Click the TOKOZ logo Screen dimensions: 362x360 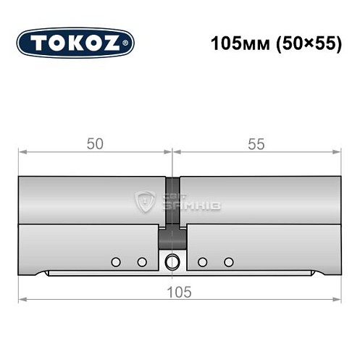pyautogui.click(x=75, y=43)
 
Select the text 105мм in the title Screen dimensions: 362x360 pyautogui.click(x=234, y=43)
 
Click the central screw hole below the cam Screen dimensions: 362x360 pyautogui.click(x=172, y=261)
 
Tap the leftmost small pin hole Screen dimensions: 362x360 pyautogui.click(x=115, y=261)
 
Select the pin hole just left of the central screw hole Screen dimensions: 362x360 pyautogui.click(x=142, y=261)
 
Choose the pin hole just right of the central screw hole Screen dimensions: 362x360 pyautogui.click(x=202, y=261)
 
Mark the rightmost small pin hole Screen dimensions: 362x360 pyautogui.click(x=229, y=261)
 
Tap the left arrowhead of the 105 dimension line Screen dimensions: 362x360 pyautogui.click(x=22, y=299)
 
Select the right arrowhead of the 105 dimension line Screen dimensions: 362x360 pyautogui.click(x=337, y=299)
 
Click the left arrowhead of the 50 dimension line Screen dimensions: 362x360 pyautogui.click(x=22, y=152)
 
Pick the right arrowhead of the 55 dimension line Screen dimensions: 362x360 pyautogui.click(x=337, y=152)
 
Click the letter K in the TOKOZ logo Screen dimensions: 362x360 pyautogui.click(x=75, y=43)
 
